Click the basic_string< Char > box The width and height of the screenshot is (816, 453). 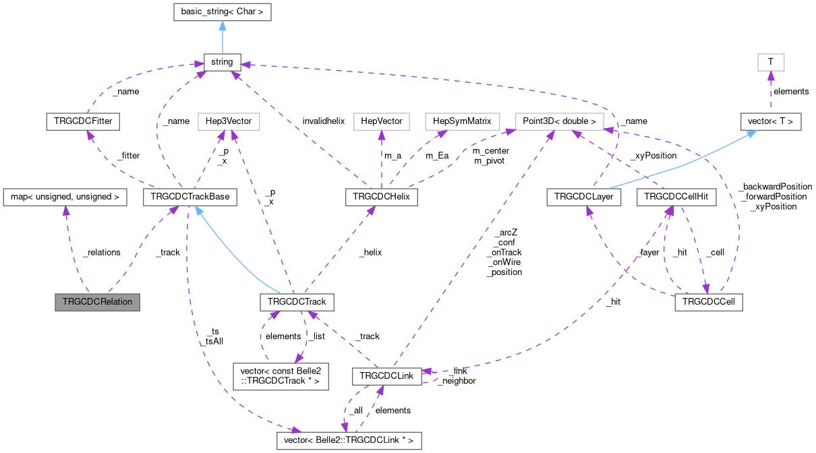coord(222,12)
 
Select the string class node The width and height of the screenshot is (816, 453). coord(222,62)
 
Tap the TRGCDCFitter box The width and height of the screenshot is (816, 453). coord(82,122)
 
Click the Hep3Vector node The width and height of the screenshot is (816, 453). coord(229,122)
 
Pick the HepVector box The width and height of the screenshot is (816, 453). coord(381,122)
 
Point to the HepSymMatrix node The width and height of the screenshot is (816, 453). coord(463,122)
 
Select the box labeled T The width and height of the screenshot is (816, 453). coord(771,62)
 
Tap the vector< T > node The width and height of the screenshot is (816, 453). coord(771,122)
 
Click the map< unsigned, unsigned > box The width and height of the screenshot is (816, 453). coord(65,198)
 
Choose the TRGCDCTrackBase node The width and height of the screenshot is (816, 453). coord(190,198)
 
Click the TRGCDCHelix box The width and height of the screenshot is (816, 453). coord(381,198)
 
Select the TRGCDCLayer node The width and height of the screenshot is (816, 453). coord(583,198)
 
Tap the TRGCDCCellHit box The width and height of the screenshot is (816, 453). coord(676,198)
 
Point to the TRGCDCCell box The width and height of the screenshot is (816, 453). coord(708,302)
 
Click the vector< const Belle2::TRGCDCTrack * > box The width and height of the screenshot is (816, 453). coord(280,375)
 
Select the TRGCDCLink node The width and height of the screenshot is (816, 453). coord(387,375)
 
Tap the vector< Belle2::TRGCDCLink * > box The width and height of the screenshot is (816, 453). coord(349,441)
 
